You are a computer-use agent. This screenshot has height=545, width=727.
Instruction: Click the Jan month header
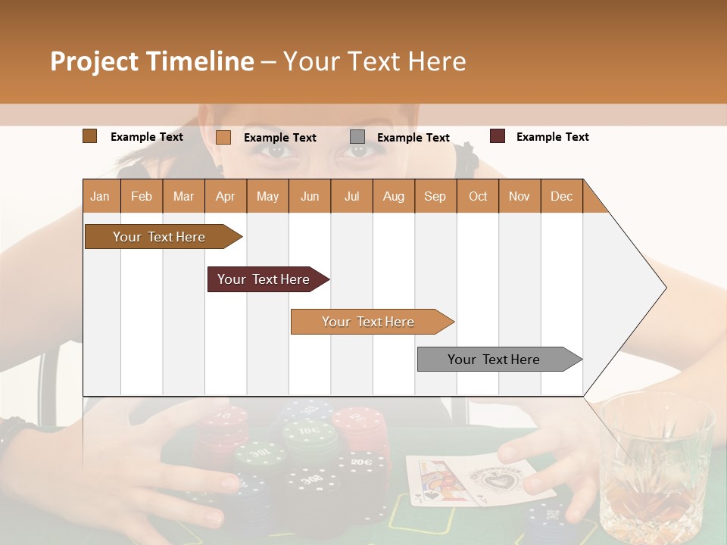coord(100,196)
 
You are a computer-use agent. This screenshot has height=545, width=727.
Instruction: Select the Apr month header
coord(225,196)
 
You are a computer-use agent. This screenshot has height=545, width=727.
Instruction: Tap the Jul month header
coord(351,196)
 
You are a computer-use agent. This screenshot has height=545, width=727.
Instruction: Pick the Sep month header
coord(435,196)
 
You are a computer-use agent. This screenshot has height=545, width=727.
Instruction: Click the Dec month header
coord(561,196)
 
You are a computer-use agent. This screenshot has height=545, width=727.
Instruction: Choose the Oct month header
coord(477,196)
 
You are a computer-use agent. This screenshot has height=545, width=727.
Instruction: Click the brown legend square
coord(89,136)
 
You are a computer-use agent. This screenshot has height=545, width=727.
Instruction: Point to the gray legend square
coord(357,137)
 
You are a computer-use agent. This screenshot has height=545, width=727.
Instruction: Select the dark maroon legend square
coord(497,136)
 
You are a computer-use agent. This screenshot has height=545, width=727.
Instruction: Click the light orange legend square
coord(223,137)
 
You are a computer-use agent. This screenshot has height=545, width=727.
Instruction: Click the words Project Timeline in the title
coord(151,61)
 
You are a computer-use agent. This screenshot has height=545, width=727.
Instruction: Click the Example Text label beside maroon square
coord(552,136)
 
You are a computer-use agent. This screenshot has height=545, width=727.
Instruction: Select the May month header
coord(267,196)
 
